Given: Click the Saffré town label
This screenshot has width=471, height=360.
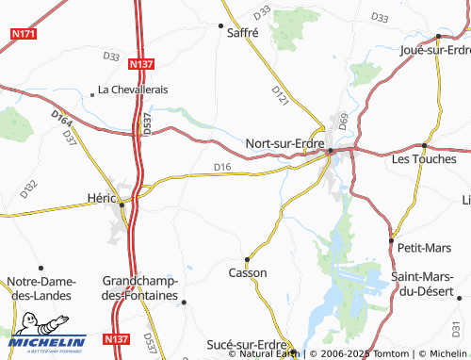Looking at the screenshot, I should tap(243, 32).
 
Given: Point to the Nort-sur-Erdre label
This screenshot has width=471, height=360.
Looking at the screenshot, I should tap(284, 143).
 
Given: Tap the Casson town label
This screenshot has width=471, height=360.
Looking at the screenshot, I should tap(248, 272).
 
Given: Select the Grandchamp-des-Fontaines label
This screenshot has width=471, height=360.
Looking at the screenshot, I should tap(140, 288).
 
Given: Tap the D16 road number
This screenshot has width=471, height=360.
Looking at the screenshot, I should tap(221, 168).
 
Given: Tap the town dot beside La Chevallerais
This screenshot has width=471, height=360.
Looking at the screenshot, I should tap(91, 93).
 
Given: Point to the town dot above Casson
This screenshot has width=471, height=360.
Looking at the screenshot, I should tap(247, 258).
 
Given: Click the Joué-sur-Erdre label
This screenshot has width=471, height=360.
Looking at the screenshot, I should tap(435, 49).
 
